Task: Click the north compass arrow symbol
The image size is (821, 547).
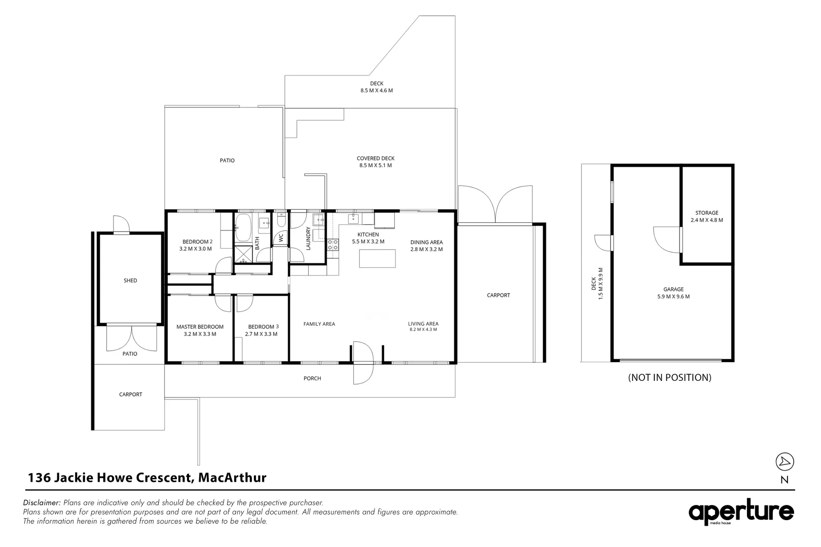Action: click(785, 461)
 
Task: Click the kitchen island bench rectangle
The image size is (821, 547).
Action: click(377, 259)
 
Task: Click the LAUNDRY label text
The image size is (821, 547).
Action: click(308, 238)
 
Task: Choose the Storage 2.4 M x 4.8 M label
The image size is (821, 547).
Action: click(706, 216)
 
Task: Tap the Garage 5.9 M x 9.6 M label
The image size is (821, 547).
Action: click(672, 293)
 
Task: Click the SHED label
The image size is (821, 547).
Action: click(130, 281)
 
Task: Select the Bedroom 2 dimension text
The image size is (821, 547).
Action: click(195, 249)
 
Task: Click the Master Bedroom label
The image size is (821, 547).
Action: click(200, 327)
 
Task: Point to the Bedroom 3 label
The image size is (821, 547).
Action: click(263, 327)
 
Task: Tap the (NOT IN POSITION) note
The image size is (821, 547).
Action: click(669, 377)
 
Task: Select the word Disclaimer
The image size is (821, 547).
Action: click(42, 503)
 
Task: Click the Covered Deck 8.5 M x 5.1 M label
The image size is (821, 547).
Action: click(376, 162)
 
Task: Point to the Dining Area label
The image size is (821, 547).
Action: click(426, 242)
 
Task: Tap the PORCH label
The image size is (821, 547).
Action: click(312, 378)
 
